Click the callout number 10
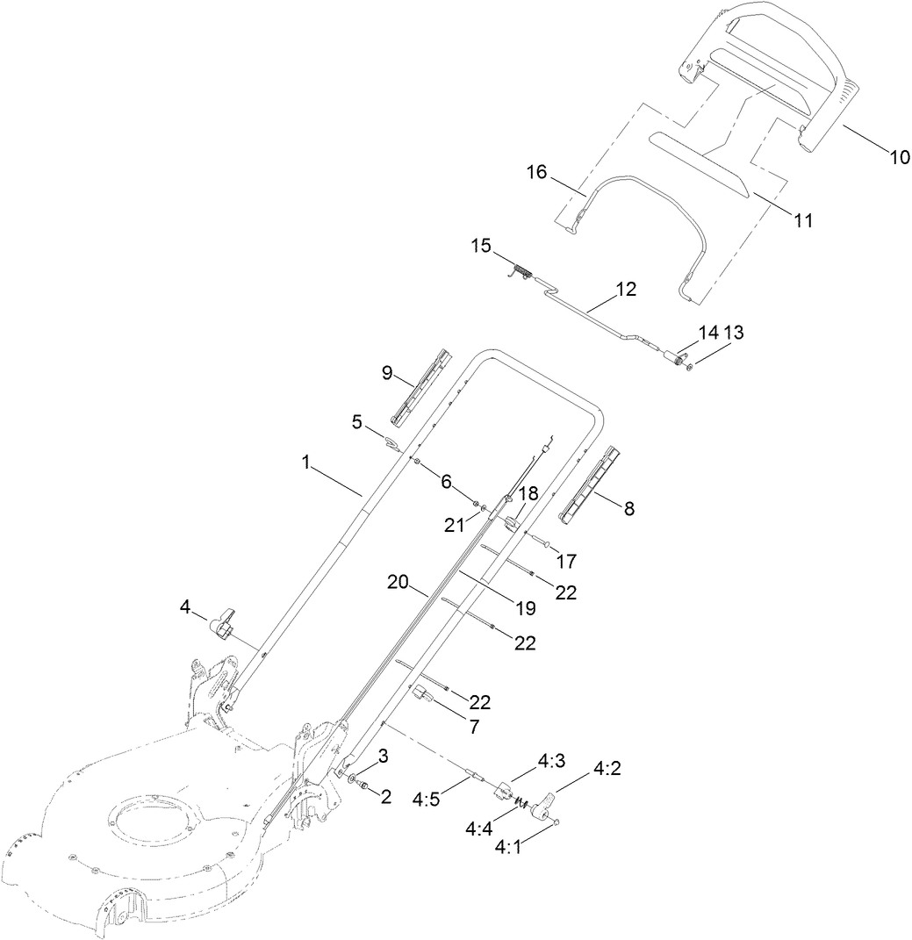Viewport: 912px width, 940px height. pyautogui.click(x=900, y=158)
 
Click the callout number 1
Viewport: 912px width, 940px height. pyautogui.click(x=306, y=462)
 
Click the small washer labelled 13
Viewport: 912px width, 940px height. pyautogui.click(x=690, y=366)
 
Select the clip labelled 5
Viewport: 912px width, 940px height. pyautogui.click(x=391, y=441)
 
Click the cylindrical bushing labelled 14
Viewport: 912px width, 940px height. pyautogui.click(x=675, y=360)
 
